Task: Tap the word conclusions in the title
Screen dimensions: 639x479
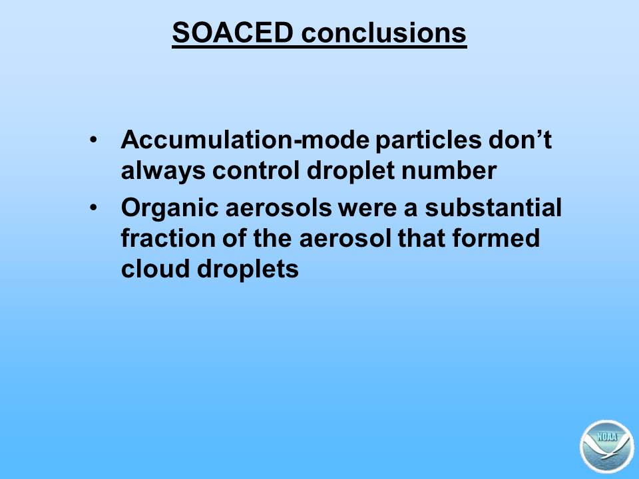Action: pyautogui.click(x=384, y=32)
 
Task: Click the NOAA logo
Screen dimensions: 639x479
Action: pyautogui.click(x=607, y=447)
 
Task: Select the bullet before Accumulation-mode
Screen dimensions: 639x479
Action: pyautogui.click(x=93, y=140)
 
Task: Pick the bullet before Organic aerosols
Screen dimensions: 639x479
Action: pyautogui.click(x=93, y=208)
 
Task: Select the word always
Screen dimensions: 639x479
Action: pyautogui.click(x=163, y=171)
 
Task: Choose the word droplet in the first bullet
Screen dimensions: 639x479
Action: pyautogui.click(x=351, y=171)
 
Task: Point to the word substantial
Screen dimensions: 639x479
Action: pyautogui.click(x=493, y=207)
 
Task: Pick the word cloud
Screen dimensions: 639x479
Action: pyautogui.click(x=155, y=269)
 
